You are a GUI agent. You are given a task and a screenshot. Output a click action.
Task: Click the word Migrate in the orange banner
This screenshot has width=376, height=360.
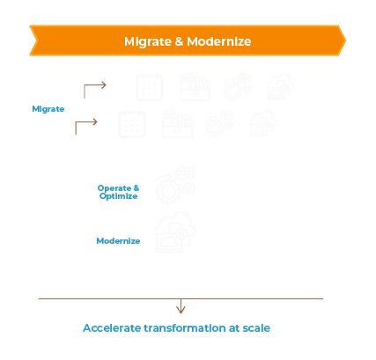pyautogui.click(x=148, y=41)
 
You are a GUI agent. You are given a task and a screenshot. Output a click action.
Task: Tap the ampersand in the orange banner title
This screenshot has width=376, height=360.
pyautogui.click(x=179, y=41)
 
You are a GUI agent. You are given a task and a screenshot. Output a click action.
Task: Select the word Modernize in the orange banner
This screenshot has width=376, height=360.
pyautogui.click(x=219, y=41)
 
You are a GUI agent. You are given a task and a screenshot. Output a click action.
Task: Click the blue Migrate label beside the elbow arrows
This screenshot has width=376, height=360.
pyautogui.click(x=48, y=109)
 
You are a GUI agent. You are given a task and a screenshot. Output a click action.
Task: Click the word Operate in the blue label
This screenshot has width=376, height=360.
pyautogui.click(x=114, y=188)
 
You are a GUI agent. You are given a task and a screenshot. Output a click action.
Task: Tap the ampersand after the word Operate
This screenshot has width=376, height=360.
pyautogui.click(x=136, y=187)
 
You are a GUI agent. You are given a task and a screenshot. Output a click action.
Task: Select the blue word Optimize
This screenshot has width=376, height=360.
pyautogui.click(x=118, y=196)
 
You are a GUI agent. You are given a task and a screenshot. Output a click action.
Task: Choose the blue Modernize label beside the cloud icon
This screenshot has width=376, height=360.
pyautogui.click(x=118, y=241)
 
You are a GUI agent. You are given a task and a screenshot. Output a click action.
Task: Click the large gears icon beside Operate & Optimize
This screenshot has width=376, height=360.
pyautogui.click(x=175, y=185)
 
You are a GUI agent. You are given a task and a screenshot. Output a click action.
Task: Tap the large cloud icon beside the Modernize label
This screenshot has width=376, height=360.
pyautogui.click(x=175, y=231)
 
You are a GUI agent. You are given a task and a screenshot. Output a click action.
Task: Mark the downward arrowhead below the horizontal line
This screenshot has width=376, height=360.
pyautogui.click(x=181, y=309)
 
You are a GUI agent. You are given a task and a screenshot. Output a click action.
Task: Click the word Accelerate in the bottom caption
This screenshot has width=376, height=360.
pyautogui.click(x=112, y=328)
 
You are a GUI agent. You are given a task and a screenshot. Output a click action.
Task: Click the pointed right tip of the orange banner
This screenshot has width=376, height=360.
pyautogui.click(x=346, y=40)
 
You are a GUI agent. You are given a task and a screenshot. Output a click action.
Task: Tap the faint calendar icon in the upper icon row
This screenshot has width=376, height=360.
pyautogui.click(x=150, y=87)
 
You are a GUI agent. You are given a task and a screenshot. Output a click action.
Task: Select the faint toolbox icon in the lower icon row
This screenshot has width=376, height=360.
pyautogui.click(x=177, y=124)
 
